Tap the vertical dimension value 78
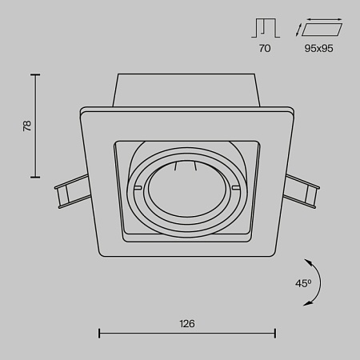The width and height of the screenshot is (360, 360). (26, 126)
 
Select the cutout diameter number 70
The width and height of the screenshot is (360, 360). (265, 49)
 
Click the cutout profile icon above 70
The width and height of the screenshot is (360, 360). (265, 30)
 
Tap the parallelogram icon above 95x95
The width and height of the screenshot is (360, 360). (322, 30)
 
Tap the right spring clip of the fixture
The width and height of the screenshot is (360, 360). (303, 192)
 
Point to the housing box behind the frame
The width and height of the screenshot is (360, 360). (187, 90)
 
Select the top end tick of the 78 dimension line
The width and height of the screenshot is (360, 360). (35, 74)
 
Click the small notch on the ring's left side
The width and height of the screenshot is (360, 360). (139, 189)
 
